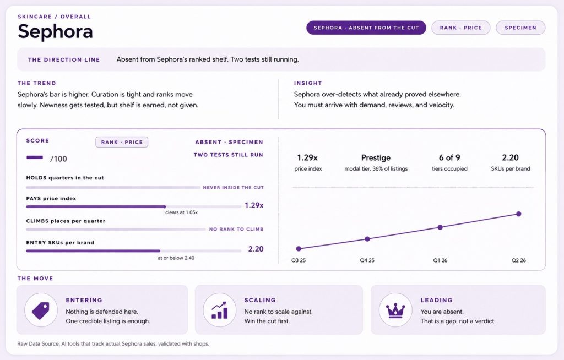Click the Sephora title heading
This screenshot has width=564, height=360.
[x=56, y=31]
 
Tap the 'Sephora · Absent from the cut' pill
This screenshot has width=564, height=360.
[x=366, y=28]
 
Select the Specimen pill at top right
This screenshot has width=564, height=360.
[x=520, y=28]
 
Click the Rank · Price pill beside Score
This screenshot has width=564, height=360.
[x=122, y=142]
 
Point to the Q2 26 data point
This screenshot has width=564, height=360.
[x=518, y=214]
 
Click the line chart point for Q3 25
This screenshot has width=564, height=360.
[x=299, y=248]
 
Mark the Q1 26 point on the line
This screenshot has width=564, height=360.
[x=440, y=227]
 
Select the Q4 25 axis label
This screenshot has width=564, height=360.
[x=367, y=260]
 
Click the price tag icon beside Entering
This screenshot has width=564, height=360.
[x=41, y=310]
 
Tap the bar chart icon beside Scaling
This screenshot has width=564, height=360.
[x=219, y=310]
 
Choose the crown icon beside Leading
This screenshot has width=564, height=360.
[x=395, y=310]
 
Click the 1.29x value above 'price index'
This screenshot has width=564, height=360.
[x=307, y=157]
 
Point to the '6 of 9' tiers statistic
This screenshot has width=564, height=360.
[x=449, y=157]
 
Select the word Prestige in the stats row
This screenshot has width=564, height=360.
[x=376, y=157]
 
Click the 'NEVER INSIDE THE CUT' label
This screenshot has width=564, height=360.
[x=233, y=187]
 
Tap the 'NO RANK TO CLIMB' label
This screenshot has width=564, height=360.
[x=236, y=229]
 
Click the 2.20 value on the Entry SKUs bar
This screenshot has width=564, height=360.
[x=256, y=249]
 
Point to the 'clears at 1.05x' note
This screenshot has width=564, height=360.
[x=182, y=212]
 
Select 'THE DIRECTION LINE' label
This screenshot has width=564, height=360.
[x=64, y=59]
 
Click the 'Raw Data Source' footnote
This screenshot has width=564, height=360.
[x=113, y=344]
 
